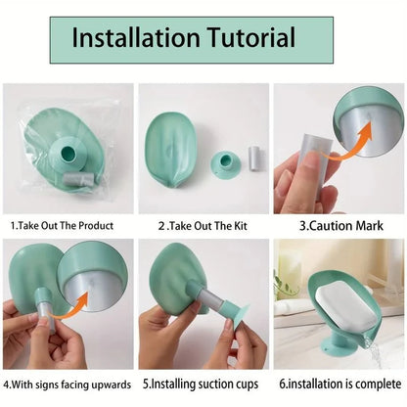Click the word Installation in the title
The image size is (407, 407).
(x=134, y=39)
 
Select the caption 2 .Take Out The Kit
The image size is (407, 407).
(x=203, y=225)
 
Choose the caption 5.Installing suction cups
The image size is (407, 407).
(x=203, y=386)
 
